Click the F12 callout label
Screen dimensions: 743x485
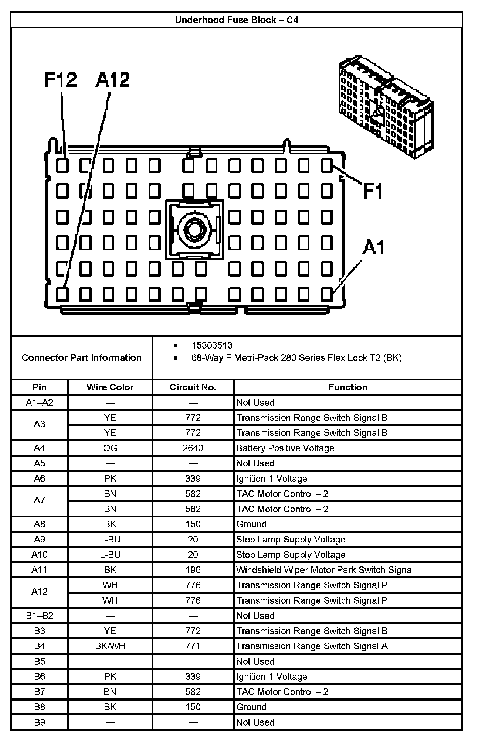(61, 79)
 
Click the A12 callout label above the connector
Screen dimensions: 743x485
(113, 79)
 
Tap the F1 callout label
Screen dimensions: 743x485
(373, 191)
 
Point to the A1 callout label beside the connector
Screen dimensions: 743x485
(373, 247)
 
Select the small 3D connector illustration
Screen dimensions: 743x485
(386, 107)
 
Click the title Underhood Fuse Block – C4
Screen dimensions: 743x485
(237, 20)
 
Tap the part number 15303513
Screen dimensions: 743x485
(212, 345)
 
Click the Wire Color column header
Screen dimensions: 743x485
(110, 387)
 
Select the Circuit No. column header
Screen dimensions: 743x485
(193, 387)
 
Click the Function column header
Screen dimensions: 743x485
(348, 387)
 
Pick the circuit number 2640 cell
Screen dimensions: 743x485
(193, 448)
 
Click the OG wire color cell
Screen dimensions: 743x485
(110, 448)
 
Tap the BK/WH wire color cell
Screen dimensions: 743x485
(110, 646)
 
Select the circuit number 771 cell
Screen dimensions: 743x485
(193, 646)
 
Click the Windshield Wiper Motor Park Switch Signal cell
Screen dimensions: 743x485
(325, 570)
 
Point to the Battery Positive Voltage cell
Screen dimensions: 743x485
(285, 448)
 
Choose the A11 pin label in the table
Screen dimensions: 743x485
(40, 570)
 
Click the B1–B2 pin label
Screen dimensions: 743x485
(40, 616)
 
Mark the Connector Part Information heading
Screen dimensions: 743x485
(81, 357)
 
